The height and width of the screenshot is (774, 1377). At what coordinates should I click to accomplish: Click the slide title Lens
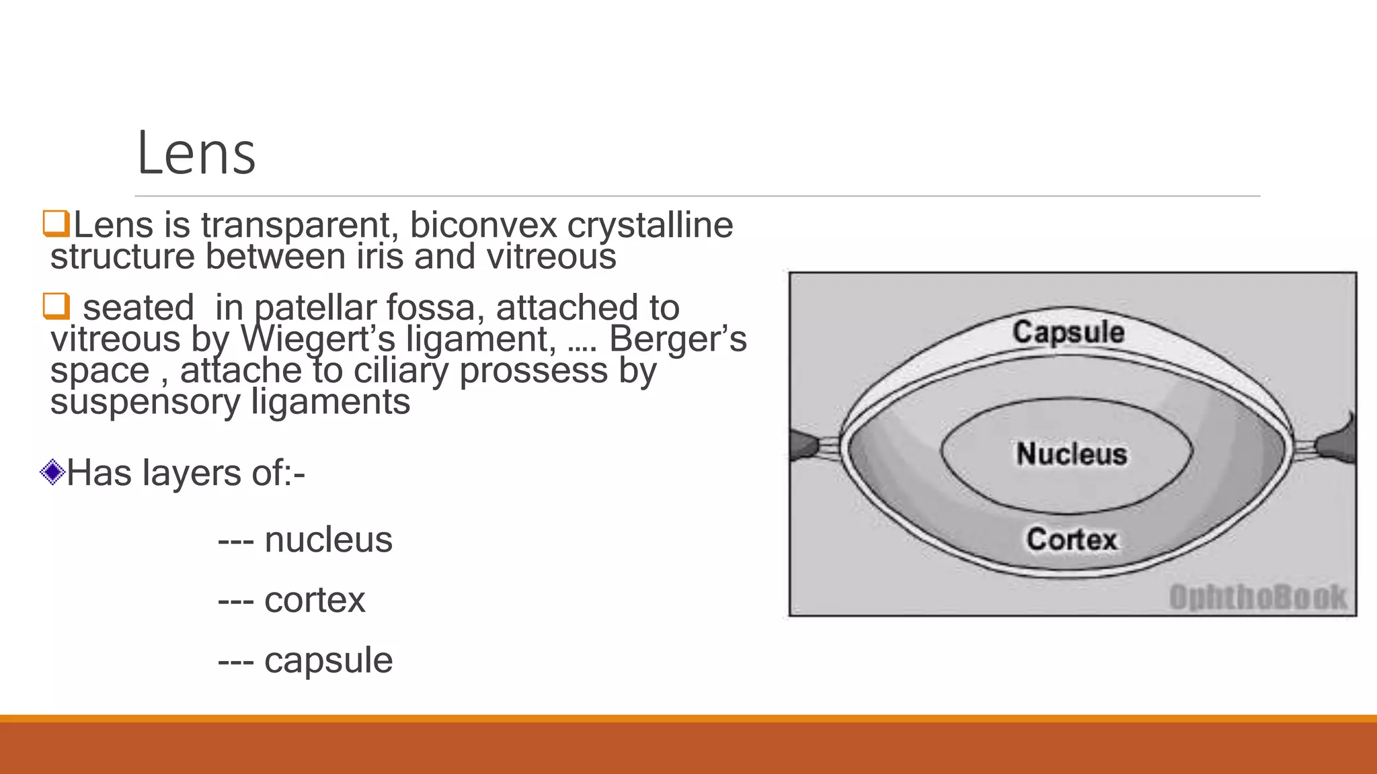(x=196, y=154)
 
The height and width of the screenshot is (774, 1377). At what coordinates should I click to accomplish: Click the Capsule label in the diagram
(x=1068, y=332)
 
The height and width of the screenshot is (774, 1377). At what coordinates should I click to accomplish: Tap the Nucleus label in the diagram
(x=1071, y=454)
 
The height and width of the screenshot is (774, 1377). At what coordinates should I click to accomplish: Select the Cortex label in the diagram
(x=1071, y=539)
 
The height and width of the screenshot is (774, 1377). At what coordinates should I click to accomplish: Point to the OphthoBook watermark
(x=1257, y=597)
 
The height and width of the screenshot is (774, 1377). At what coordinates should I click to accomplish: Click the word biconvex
(x=483, y=225)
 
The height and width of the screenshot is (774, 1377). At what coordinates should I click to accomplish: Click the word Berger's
(x=677, y=339)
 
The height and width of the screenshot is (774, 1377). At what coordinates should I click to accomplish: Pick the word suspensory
(x=145, y=402)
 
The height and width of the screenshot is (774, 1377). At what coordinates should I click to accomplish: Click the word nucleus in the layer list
(x=328, y=540)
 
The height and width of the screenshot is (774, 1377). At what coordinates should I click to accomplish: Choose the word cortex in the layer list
(x=315, y=599)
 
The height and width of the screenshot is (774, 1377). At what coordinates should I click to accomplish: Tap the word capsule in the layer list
(x=328, y=660)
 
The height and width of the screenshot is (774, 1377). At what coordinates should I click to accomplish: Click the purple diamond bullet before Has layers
(x=52, y=472)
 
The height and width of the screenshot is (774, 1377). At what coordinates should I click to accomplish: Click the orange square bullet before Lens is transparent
(x=56, y=224)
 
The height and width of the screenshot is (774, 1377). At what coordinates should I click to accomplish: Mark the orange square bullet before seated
(x=56, y=306)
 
